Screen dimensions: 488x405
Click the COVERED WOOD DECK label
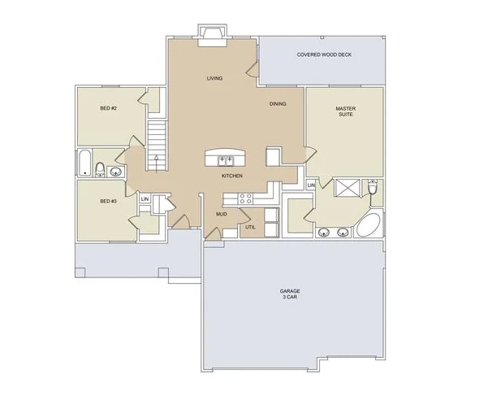(x=324, y=54)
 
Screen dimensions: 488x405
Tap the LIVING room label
(x=214, y=78)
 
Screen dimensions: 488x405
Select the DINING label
(x=278, y=104)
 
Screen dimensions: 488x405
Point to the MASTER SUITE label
(x=345, y=111)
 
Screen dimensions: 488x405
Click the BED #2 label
(x=108, y=108)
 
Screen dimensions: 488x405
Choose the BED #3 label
(x=108, y=202)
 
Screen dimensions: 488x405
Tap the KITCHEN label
(x=232, y=176)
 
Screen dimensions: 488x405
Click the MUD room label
(x=222, y=214)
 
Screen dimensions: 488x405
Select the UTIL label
(x=250, y=227)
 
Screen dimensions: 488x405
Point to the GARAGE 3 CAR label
(x=290, y=294)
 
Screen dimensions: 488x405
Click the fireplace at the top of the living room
(x=213, y=36)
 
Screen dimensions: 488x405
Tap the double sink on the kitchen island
(x=226, y=161)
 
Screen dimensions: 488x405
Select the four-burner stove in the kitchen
(x=245, y=198)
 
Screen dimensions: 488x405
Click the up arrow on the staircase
(x=156, y=162)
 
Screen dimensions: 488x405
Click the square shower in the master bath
(x=347, y=188)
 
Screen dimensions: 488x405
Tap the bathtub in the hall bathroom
(x=84, y=163)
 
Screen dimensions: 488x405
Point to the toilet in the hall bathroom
(x=100, y=170)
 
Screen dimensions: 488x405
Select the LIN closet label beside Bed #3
(x=145, y=199)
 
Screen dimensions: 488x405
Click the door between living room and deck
(x=253, y=70)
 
